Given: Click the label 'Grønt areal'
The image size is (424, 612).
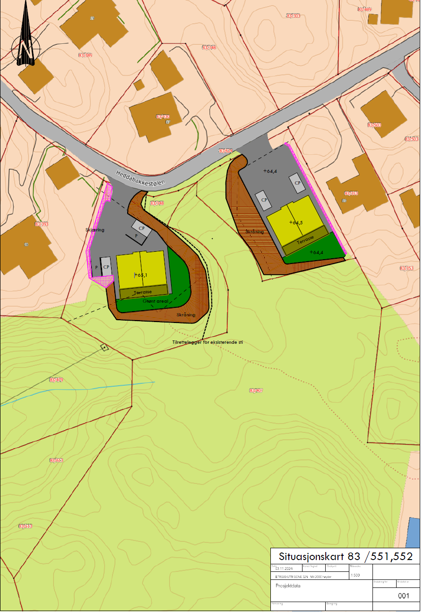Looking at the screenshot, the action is click(x=156, y=301).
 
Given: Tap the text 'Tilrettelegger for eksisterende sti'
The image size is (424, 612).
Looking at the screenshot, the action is click(x=208, y=342).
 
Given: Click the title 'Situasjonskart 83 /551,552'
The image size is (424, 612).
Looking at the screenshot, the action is click(x=345, y=556).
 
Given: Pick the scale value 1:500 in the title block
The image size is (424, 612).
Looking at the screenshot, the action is click(x=355, y=576).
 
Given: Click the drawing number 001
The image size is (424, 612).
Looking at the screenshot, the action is click(x=403, y=595).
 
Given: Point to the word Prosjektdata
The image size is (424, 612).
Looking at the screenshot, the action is click(x=288, y=586).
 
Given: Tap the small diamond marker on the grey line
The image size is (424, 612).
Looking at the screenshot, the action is click(x=104, y=348).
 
